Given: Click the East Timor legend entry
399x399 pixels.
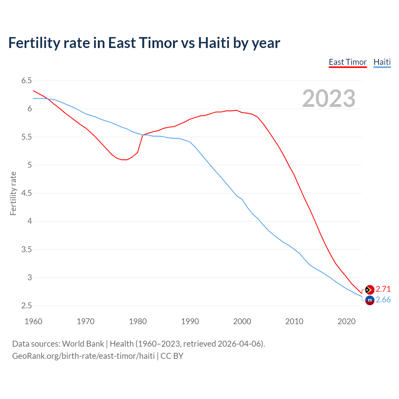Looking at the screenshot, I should pyautogui.click(x=348, y=62).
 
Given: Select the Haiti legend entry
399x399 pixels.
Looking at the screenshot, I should pyautogui.click(x=382, y=62).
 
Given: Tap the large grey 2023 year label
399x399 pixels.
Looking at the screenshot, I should pyautogui.click(x=329, y=99).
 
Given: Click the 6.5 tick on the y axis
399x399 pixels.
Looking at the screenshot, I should pyautogui.click(x=26, y=81).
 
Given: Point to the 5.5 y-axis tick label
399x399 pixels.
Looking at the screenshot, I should pyautogui.click(x=26, y=137).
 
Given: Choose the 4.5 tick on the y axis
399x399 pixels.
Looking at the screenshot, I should pyautogui.click(x=26, y=193).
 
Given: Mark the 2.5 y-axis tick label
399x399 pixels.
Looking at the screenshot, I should pyautogui.click(x=26, y=306).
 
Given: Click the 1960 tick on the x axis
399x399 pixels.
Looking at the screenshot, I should pyautogui.click(x=33, y=321).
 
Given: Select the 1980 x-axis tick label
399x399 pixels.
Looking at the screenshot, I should pyautogui.click(x=138, y=321).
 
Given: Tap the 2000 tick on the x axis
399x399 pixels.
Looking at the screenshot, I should pyautogui.click(x=242, y=321).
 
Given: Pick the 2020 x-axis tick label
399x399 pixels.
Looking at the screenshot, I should pyautogui.click(x=346, y=321).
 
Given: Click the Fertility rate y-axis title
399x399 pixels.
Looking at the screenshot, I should pyautogui.click(x=13, y=193).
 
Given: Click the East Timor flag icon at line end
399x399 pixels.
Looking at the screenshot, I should pyautogui.click(x=369, y=290).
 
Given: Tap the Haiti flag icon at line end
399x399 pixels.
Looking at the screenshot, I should pyautogui.click(x=369, y=300).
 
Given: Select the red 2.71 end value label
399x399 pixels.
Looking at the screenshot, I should pyautogui.click(x=383, y=289).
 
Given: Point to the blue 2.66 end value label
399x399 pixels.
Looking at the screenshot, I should pyautogui.click(x=383, y=300).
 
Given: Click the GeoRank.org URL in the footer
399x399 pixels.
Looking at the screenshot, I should pyautogui.click(x=83, y=356).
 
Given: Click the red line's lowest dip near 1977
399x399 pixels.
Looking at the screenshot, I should pyautogui.click(x=124, y=160).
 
